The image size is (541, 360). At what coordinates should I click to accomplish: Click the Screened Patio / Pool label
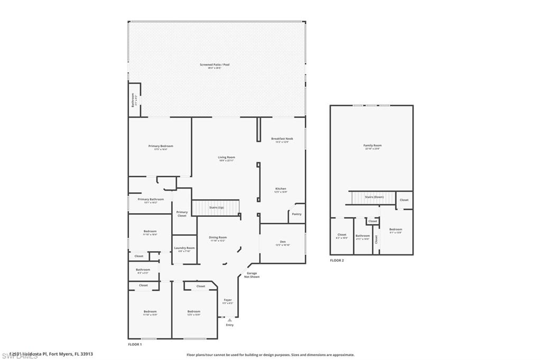pyautogui.click(x=214, y=65)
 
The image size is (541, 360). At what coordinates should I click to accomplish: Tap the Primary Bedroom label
pyautogui.click(x=160, y=146)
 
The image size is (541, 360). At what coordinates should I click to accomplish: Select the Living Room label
pyautogui.click(x=227, y=157)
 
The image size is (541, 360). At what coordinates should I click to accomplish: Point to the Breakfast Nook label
pyautogui.click(x=282, y=139)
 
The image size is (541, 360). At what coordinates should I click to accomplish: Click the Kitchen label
pyautogui.click(x=281, y=189)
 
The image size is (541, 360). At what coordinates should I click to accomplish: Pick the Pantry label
pyautogui.click(x=296, y=214)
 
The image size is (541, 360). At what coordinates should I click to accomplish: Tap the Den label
pyautogui.click(x=282, y=242)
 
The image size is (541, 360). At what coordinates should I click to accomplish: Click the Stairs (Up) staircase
pyautogui.click(x=216, y=208)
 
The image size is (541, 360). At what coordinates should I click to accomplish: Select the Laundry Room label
pyautogui.click(x=184, y=248)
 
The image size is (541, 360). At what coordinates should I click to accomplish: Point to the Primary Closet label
pyautogui.click(x=182, y=214)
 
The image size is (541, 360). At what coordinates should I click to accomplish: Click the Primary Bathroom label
pyautogui.click(x=151, y=200)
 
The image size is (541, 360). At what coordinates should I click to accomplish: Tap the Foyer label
pyautogui.click(x=228, y=300)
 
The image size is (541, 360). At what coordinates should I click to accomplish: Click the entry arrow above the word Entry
pyautogui.click(x=229, y=320)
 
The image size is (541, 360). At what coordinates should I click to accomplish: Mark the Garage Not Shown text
pyautogui.click(x=252, y=275)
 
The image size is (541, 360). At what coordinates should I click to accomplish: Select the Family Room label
pyautogui.click(x=372, y=146)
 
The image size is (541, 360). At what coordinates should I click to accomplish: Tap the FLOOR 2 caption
pyautogui.click(x=337, y=260)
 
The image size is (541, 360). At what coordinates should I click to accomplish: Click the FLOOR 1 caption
pyautogui.click(x=135, y=344)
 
